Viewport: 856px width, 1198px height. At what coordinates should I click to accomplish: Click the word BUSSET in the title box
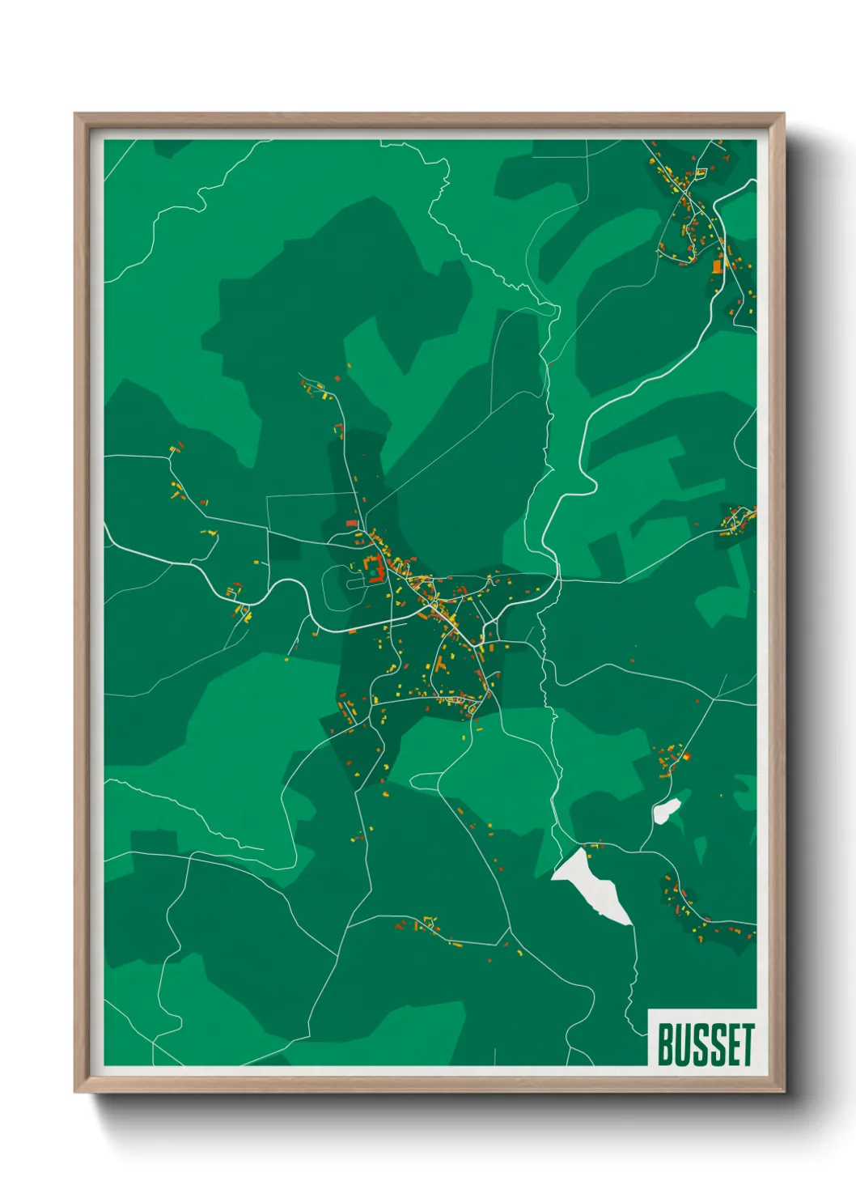coord(706,1044)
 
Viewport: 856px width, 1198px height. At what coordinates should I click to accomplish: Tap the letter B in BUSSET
coord(665,1044)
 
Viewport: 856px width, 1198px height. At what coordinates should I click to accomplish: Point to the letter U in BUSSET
coord(683,1044)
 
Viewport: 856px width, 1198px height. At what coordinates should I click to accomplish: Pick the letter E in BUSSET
coord(732,1044)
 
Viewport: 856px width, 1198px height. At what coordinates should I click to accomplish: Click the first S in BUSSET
coord(700,1044)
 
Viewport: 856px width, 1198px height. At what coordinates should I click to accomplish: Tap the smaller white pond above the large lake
coord(666,810)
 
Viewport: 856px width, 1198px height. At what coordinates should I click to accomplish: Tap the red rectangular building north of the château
coord(352,523)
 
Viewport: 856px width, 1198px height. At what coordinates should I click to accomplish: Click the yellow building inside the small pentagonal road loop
coord(701,172)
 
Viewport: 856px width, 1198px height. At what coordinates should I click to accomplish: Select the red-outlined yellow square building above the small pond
coord(687,757)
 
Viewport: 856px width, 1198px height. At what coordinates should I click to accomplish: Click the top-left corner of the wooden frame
coord(75,114)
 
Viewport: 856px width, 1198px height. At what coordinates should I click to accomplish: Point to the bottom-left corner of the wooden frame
coord(75,1092)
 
